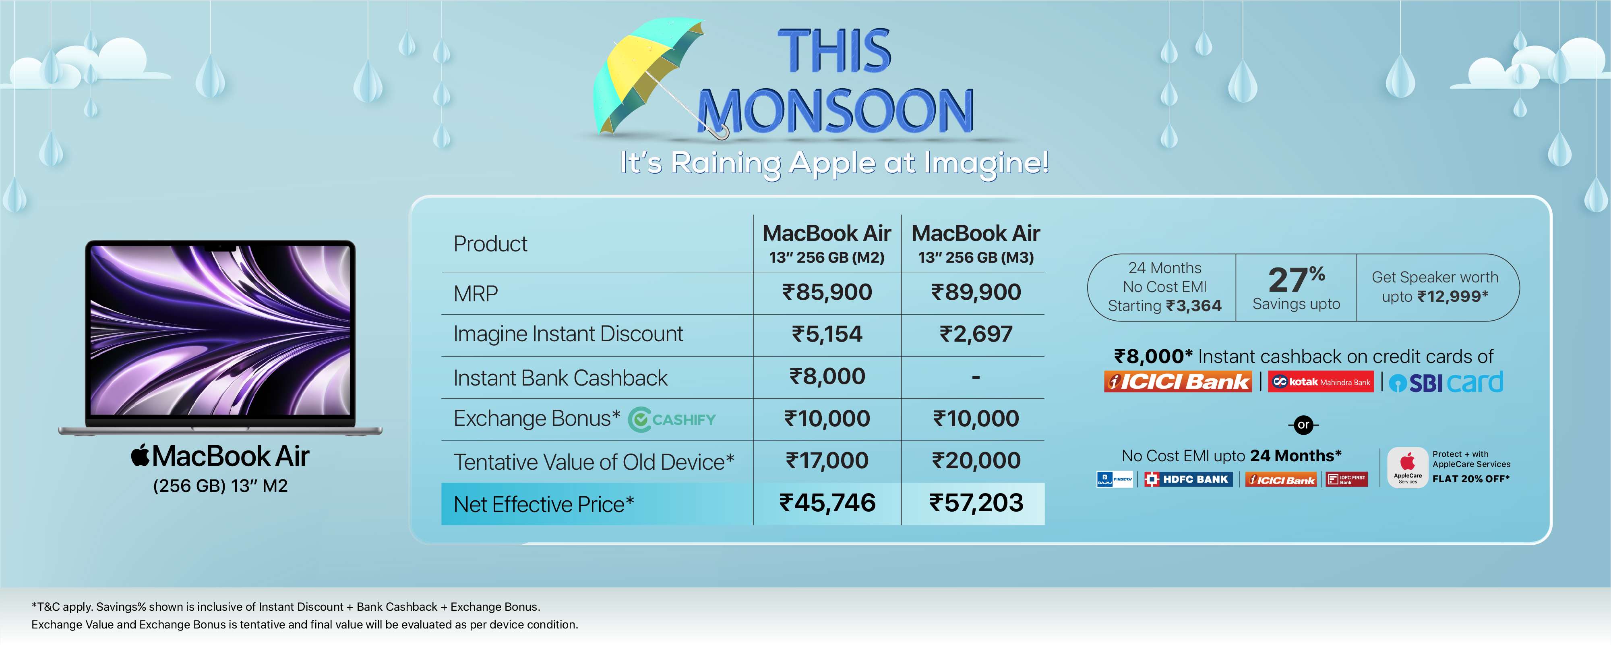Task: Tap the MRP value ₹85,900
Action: pos(827,292)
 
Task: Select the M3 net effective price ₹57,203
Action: pos(976,503)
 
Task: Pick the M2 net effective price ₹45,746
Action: pos(827,503)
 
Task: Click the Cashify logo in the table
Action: pos(672,419)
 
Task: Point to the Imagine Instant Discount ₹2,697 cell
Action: pos(976,334)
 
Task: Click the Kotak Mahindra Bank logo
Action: pos(1321,382)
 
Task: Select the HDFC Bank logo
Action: pos(1188,479)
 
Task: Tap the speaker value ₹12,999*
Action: pos(1452,297)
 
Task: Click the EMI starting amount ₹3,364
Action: pos(1193,306)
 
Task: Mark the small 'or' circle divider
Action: pos(1303,425)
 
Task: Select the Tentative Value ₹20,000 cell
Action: pos(976,461)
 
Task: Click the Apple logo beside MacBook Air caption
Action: pos(140,455)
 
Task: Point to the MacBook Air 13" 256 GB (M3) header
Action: pos(976,243)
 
